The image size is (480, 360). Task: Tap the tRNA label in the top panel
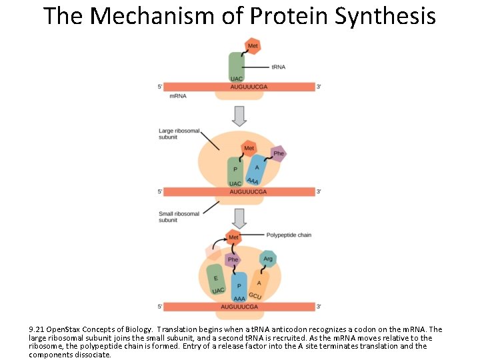tap(279, 67)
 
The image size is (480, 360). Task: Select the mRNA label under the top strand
tap(178, 96)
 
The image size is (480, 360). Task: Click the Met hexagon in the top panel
tap(253, 46)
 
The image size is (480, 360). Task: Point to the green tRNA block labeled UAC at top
tap(237, 67)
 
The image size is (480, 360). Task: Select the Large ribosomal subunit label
tap(179, 133)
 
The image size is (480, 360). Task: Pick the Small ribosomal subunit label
tap(179, 217)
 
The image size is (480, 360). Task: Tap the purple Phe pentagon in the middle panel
tap(278, 153)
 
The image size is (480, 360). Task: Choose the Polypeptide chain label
tap(289, 235)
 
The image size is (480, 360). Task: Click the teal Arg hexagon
tap(267, 259)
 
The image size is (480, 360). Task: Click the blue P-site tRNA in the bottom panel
tap(239, 285)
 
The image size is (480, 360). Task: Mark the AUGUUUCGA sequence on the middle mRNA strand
tap(248, 191)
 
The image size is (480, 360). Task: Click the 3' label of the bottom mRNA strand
tap(319, 307)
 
